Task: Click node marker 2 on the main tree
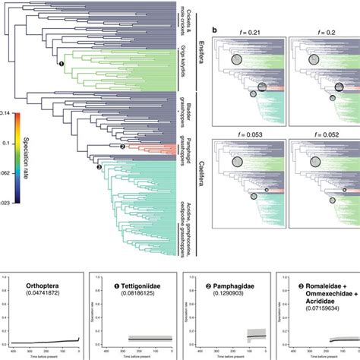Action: click(122, 146)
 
